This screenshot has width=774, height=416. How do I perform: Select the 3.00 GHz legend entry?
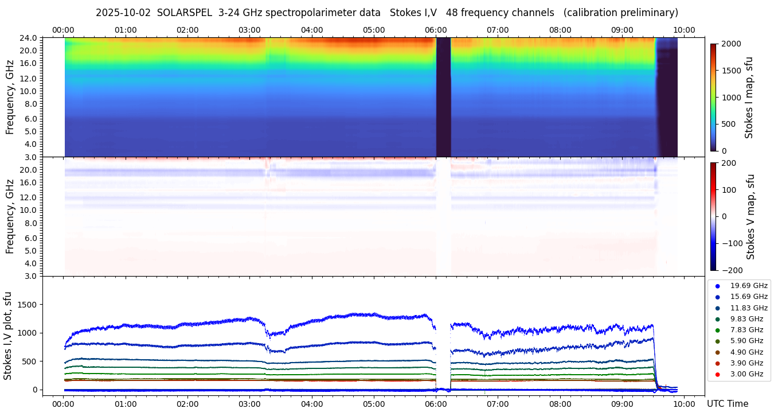coord(746,374)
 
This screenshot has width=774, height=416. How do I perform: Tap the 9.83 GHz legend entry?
coord(746,319)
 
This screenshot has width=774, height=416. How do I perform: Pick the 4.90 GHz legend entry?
coord(746,352)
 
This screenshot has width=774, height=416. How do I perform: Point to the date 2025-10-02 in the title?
coord(123,13)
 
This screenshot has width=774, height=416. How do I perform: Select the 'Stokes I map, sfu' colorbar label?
coord(749,97)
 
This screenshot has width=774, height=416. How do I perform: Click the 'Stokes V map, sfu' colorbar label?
coord(751,216)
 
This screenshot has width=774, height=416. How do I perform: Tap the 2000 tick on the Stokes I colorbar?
coord(730,44)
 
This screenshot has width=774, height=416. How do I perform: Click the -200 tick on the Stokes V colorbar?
coord(732,270)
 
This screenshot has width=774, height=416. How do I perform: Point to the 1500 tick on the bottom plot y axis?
coord(27,305)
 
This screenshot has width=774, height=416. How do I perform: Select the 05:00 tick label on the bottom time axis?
coord(374,404)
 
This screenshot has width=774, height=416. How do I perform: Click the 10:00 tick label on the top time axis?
coord(684,30)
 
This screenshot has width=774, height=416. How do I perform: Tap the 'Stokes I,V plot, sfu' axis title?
coord(8,335)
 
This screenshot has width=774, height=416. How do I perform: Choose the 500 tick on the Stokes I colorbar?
coord(728,124)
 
